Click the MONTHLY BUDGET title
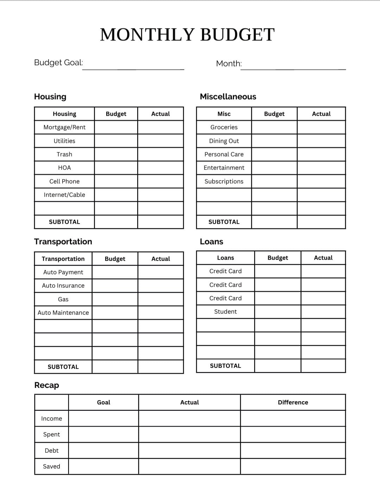(187, 35)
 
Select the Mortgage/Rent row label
(64, 127)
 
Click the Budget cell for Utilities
(116, 141)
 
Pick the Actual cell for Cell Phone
(160, 181)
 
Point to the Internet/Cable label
(64, 195)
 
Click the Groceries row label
(224, 127)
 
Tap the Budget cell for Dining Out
(274, 141)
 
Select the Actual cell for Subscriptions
(321, 181)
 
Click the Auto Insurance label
(63, 285)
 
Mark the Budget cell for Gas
(115, 299)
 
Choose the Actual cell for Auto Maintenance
(160, 313)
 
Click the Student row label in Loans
(226, 311)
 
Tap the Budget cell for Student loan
(278, 311)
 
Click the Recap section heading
(46, 385)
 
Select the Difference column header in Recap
(293, 402)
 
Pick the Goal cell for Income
(103, 418)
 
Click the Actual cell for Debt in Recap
(189, 451)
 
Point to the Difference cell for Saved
(293, 466)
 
